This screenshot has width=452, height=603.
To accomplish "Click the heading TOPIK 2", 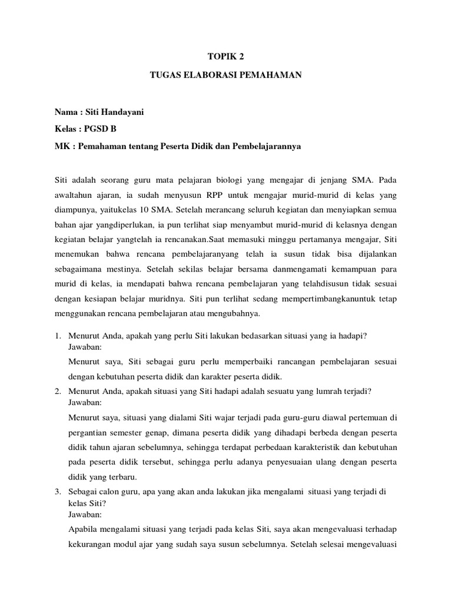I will click(225, 57).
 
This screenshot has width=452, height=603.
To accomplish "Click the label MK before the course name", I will click(61, 147).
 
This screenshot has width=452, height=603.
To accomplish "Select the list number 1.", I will click(58, 336).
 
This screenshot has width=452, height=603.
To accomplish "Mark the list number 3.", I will click(58, 492).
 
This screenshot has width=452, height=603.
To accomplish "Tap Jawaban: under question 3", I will click(85, 513).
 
